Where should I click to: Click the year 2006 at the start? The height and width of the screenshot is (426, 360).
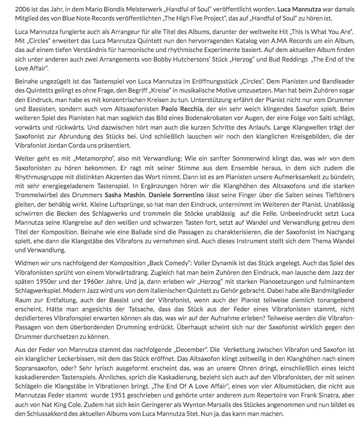[x=11, y=10]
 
